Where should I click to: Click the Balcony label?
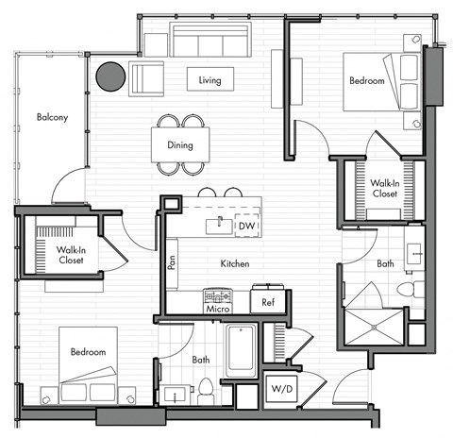(x=51, y=118)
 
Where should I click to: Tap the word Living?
(x=210, y=80)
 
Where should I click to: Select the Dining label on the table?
(x=179, y=145)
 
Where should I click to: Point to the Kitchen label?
(x=235, y=264)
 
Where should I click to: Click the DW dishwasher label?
(x=245, y=227)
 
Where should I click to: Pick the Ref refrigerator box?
(x=267, y=302)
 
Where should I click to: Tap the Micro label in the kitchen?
(x=218, y=309)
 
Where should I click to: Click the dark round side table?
(x=109, y=76)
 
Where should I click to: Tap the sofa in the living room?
(x=210, y=41)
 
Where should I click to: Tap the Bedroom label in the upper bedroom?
(x=368, y=82)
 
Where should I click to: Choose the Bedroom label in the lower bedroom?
(x=87, y=352)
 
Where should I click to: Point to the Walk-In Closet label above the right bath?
(x=384, y=189)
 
